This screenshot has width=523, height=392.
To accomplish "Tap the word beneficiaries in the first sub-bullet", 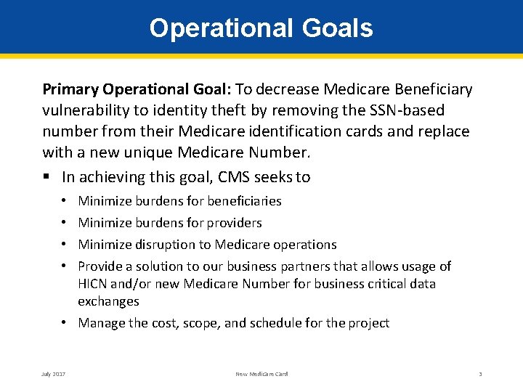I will pyautogui.click(x=244, y=201).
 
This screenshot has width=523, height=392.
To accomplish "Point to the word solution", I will pyautogui.click(x=149, y=266).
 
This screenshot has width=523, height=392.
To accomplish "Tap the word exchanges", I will pyautogui.click(x=108, y=301).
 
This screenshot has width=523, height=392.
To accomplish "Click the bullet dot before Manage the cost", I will pyautogui.click(x=66, y=323).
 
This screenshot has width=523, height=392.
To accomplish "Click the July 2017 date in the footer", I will pyautogui.click(x=54, y=374).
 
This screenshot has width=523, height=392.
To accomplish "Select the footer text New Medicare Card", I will pyautogui.click(x=261, y=374).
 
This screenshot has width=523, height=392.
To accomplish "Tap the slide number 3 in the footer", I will pyautogui.click(x=480, y=374).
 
